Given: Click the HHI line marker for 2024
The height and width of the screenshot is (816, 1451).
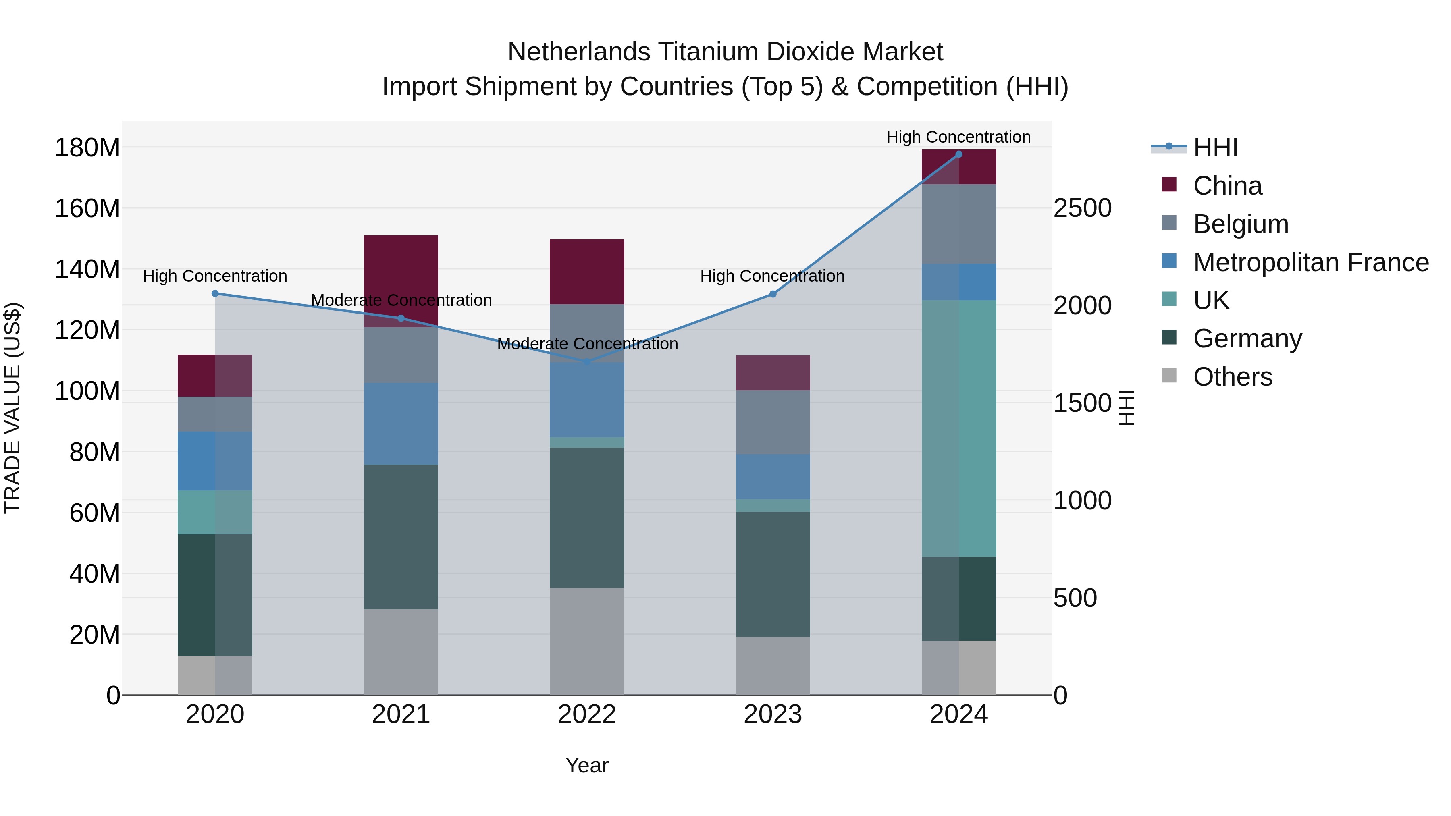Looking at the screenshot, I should pyautogui.click(x=959, y=154).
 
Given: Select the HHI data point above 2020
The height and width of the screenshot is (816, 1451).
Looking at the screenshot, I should pyautogui.click(x=215, y=293).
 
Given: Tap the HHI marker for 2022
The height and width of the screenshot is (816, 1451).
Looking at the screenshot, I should pyautogui.click(x=587, y=361).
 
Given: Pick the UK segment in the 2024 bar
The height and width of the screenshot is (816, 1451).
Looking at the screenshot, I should pyautogui.click(x=959, y=428).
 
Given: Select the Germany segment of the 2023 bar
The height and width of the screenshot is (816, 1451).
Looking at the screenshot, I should pyautogui.click(x=773, y=574).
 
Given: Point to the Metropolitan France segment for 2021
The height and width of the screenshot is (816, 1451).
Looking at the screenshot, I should pyautogui.click(x=401, y=424).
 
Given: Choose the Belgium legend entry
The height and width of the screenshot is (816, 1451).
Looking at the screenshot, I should pyautogui.click(x=1240, y=224).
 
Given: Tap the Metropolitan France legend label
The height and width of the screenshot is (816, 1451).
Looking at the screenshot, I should pyautogui.click(x=1311, y=262).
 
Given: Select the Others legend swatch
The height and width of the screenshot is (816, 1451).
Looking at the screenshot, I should pyautogui.click(x=1169, y=376).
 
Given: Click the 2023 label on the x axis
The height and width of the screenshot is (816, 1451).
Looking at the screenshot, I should pyautogui.click(x=773, y=714).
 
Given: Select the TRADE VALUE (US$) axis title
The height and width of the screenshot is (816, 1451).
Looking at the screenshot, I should pyautogui.click(x=13, y=408).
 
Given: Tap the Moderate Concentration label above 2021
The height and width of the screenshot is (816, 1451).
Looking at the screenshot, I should pyautogui.click(x=401, y=300).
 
